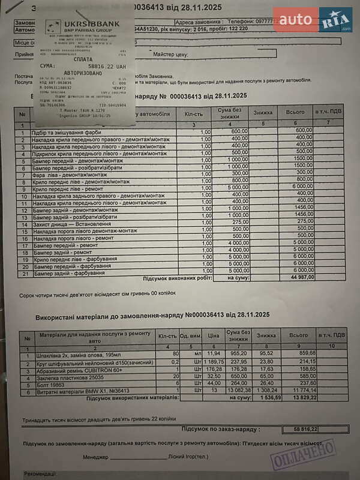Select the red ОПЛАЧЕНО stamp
pos(303,454)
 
